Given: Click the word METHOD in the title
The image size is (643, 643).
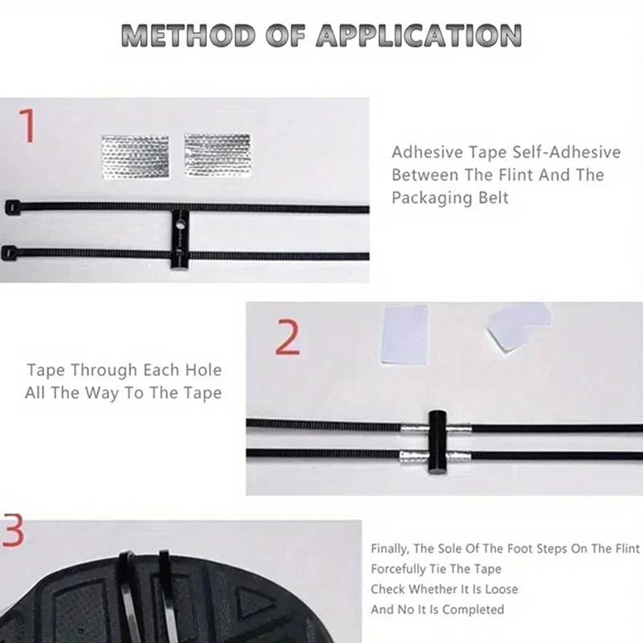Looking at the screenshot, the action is click(x=188, y=35).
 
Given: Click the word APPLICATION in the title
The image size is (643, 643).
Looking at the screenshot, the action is click(x=419, y=35).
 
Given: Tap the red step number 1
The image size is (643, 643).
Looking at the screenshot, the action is click(x=27, y=125).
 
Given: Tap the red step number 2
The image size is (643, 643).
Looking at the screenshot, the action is click(x=288, y=337).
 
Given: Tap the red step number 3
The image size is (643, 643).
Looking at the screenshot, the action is click(x=13, y=530).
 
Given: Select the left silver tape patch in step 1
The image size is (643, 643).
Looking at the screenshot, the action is click(x=135, y=156).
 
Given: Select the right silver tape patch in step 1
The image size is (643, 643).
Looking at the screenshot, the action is click(x=217, y=154).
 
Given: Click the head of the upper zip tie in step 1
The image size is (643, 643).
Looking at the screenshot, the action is click(x=12, y=207).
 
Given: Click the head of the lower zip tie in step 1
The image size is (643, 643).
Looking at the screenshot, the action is click(x=9, y=253).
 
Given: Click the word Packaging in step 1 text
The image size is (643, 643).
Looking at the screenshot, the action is click(x=427, y=198).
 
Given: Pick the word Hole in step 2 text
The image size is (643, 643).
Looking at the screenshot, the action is click(x=203, y=370).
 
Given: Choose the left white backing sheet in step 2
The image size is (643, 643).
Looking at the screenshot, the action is click(x=405, y=335).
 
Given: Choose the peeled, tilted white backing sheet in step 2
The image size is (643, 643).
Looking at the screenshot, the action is click(x=517, y=327).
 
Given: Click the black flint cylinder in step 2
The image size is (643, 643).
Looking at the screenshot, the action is click(x=437, y=441).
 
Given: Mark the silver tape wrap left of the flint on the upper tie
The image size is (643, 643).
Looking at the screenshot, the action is click(x=415, y=430).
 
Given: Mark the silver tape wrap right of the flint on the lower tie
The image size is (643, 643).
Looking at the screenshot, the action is click(x=459, y=456).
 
